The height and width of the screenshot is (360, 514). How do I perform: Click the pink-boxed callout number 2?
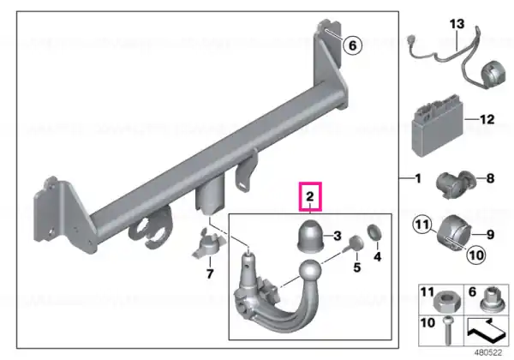point(310,196)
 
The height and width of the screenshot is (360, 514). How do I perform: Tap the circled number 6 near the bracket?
point(352,45)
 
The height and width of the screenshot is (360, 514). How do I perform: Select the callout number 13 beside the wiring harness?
point(457,24)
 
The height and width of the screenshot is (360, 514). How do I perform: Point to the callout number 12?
point(487,119)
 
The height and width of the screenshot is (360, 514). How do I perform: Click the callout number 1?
point(418,178)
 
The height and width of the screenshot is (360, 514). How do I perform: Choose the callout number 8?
point(490,178)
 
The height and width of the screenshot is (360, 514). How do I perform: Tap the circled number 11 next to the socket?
point(421,225)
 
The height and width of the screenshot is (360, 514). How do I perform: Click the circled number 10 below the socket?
point(476,255)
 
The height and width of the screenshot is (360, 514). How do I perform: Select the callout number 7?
point(210,273)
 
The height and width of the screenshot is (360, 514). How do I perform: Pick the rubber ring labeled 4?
point(374,232)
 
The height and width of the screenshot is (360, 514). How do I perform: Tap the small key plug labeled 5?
point(355,244)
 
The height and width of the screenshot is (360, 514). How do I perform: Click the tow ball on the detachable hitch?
point(310,271)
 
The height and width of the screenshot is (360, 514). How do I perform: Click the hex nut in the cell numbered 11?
point(447,303)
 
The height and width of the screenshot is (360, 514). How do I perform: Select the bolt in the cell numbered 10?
point(448,331)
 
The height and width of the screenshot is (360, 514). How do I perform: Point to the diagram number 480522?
point(488,353)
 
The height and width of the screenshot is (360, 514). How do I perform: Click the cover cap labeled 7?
point(209,245)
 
